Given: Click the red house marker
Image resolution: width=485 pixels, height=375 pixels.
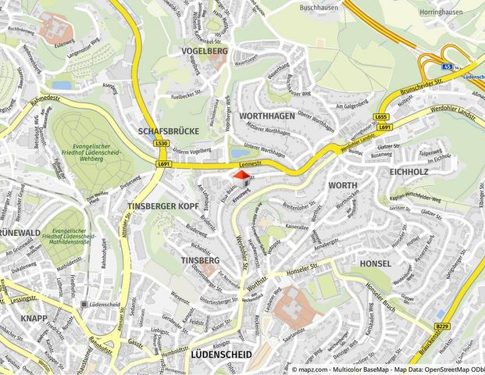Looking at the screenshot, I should (242, 178).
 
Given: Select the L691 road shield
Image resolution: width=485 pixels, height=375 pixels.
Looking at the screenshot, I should (163, 164).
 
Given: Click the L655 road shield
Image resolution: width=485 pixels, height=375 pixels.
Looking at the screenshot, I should (381, 117).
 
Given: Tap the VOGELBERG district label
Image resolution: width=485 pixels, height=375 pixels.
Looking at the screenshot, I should (204, 51).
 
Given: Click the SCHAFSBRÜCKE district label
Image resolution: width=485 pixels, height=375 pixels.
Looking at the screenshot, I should (168, 131).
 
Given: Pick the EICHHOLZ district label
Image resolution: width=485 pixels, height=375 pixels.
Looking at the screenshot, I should (408, 170).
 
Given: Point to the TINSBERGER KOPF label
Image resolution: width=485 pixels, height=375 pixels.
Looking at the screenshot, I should (162, 205).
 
